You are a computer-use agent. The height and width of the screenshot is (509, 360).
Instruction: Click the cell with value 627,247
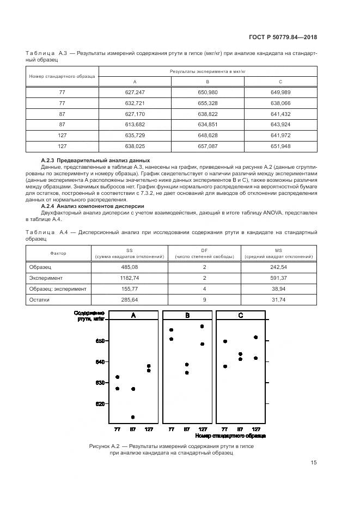tap(135, 93)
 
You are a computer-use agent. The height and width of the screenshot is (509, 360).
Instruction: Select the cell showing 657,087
tap(208, 146)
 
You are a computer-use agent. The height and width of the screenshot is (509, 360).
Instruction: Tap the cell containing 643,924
tap(280, 125)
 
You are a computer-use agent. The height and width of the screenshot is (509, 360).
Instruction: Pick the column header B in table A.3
tap(208, 82)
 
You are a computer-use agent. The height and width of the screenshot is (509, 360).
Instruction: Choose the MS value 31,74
tap(279, 300)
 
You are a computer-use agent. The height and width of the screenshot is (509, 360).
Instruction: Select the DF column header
tap(204, 253)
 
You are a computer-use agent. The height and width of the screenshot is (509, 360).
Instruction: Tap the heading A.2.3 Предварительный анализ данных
tap(95, 161)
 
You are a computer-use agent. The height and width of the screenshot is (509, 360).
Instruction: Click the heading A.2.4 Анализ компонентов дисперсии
tap(92, 207)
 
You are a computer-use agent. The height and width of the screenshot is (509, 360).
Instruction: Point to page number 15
tap(313, 462)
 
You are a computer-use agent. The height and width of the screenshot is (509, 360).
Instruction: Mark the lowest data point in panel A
tap(133, 417)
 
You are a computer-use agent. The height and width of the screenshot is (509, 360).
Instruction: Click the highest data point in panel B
tap(202, 326)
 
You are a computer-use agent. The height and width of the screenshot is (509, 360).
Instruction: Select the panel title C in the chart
tap(241, 315)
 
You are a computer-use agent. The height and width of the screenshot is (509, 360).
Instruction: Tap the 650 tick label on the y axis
tap(100, 341)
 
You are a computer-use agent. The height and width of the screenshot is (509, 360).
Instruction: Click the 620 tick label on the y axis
tap(100, 404)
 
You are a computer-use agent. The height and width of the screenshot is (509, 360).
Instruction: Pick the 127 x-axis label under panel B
tap(202, 430)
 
